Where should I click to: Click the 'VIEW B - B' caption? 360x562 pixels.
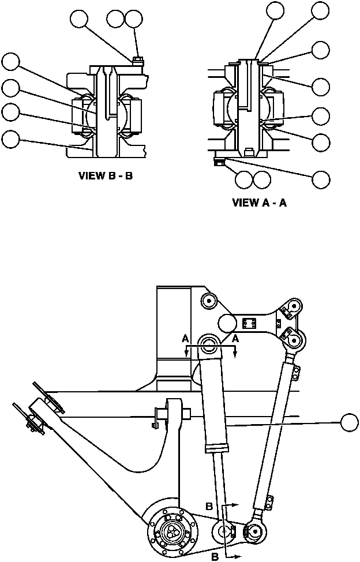point(106,176)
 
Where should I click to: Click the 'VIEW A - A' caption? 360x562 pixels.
point(259,203)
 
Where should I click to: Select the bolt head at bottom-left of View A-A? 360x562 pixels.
point(219,163)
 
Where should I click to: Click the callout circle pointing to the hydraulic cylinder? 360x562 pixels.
point(350,422)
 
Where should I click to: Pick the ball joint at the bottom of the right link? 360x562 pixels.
point(254,529)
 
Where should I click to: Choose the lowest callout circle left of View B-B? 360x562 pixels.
point(10,138)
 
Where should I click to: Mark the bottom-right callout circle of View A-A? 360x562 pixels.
point(321,179)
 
